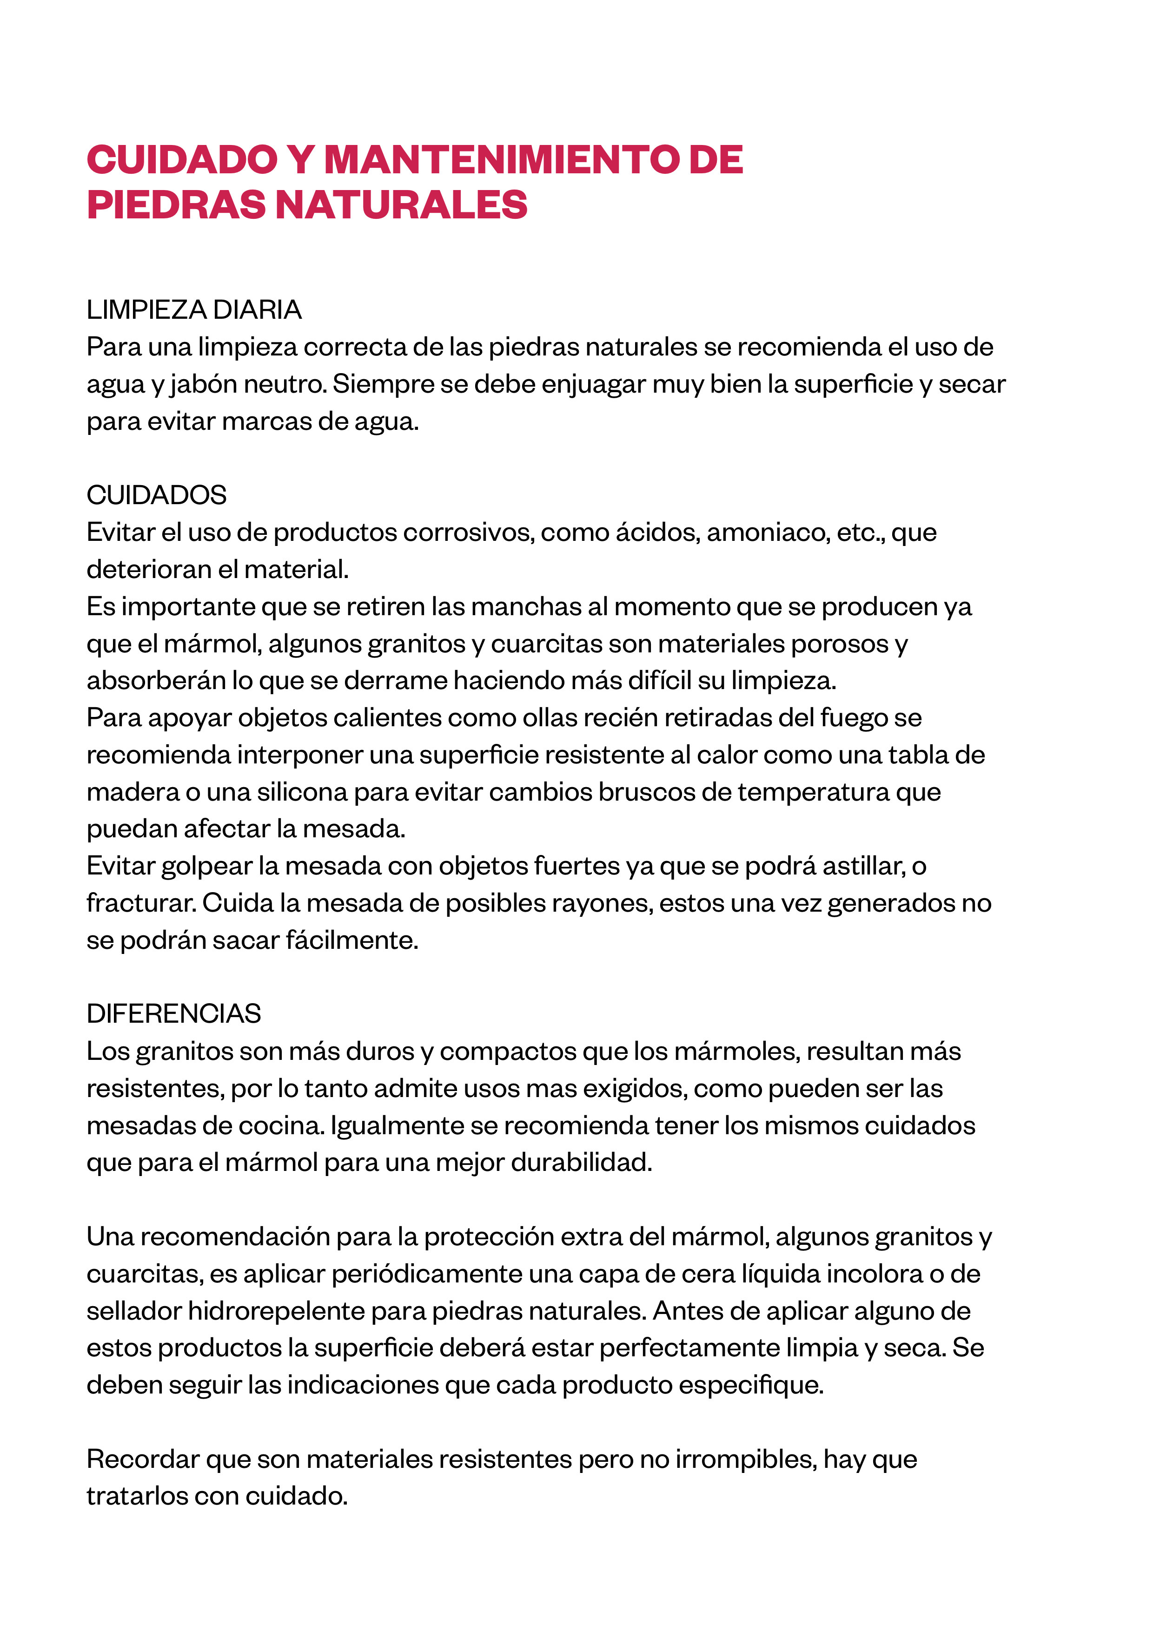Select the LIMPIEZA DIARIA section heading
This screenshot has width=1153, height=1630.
tap(194, 310)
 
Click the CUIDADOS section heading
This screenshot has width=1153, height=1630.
tap(156, 495)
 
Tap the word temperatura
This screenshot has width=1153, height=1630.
tap(813, 792)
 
